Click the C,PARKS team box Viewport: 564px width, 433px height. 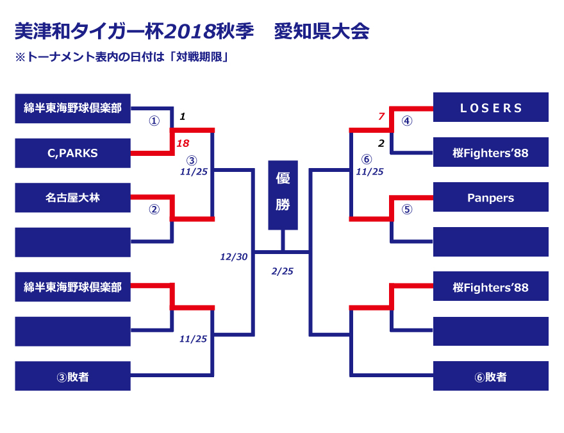click(72, 153)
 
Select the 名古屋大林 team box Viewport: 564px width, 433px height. click(72, 198)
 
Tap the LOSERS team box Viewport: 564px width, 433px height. click(491, 108)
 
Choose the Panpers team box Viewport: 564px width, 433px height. click(491, 198)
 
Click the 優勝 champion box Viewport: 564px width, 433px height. click(283, 194)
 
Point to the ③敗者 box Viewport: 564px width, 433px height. click(72, 377)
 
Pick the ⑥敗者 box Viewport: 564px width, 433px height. click(491, 377)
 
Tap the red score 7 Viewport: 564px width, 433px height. click(381, 116)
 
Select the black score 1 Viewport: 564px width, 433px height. click(183, 117)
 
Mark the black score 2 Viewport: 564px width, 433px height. click(381, 143)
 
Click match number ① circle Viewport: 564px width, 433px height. click(154, 121)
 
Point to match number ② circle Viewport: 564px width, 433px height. click(154, 209)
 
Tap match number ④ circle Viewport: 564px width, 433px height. click(407, 121)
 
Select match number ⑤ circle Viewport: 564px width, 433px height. click(407, 209)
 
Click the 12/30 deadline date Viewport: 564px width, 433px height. click(233, 257)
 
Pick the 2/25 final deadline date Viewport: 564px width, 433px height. click(283, 271)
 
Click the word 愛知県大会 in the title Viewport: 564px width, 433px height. click(321, 31)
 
